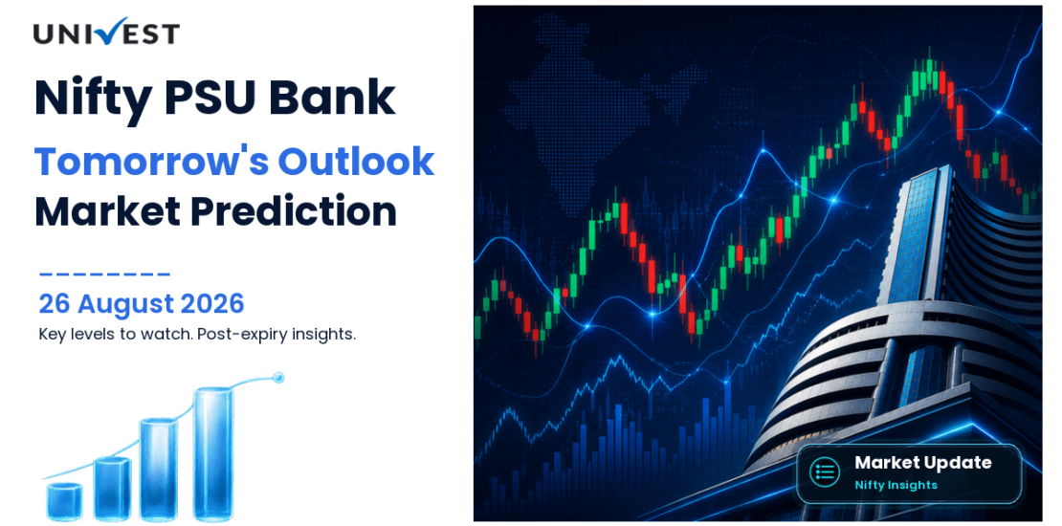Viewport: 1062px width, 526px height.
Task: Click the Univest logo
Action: click(106, 32)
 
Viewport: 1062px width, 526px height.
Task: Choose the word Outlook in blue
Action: click(356, 161)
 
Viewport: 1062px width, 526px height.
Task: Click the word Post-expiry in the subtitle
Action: click(238, 335)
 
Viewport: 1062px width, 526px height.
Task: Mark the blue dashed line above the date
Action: click(104, 274)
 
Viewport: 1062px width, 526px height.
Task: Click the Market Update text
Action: click(922, 463)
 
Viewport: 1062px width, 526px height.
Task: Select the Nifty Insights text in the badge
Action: click(896, 485)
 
